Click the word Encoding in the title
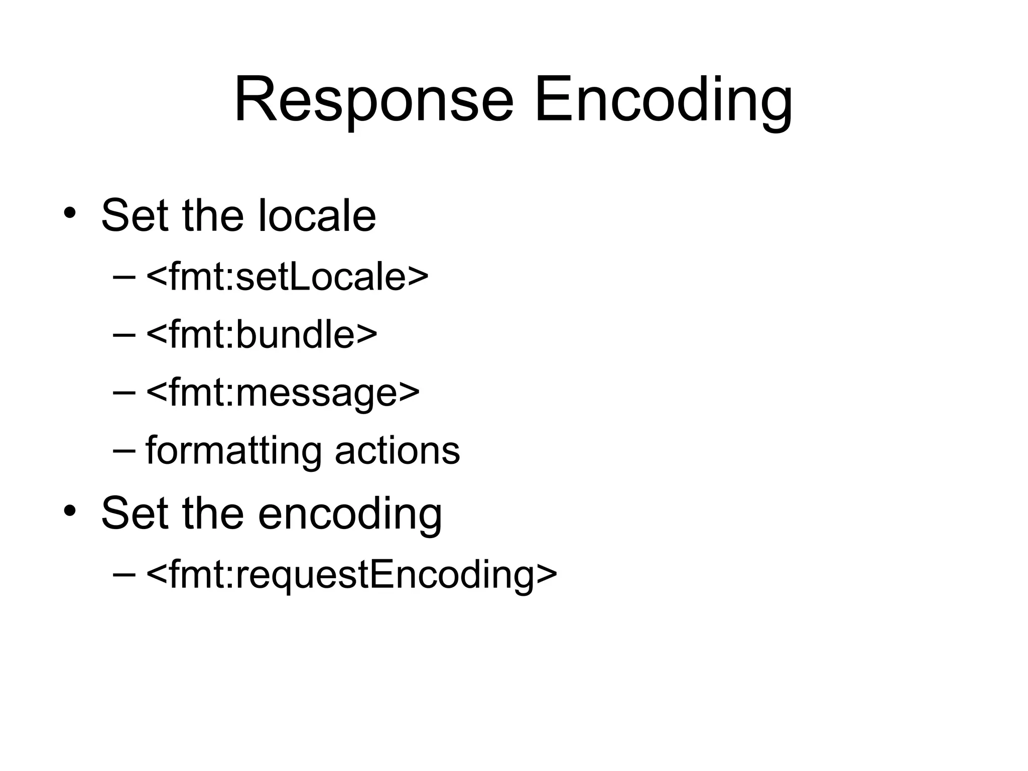point(663,100)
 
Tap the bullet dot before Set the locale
point(70,213)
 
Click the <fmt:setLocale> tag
point(287,277)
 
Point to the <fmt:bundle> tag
point(262,334)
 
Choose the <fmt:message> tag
point(283,393)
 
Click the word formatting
point(233,450)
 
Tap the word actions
point(397,450)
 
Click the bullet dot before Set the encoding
point(70,510)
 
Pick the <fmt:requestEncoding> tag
point(351,574)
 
